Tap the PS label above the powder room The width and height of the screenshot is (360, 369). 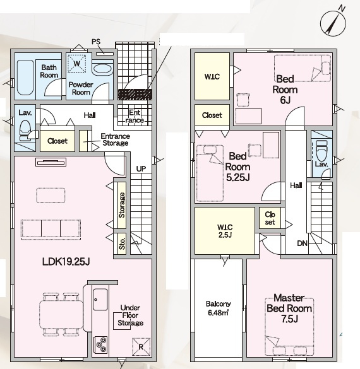pos(96,42)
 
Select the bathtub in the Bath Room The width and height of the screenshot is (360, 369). pos(25,78)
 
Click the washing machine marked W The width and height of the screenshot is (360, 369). pos(77,64)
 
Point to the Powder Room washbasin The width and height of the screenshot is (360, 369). pos(103,69)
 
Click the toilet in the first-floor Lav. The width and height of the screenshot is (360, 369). pos(25,130)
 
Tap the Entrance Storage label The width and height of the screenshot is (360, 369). pos(115,139)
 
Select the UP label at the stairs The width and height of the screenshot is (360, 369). pos(141,169)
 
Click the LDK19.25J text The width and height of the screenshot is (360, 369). pos(66,261)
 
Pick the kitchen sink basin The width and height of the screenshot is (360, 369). pos(100,300)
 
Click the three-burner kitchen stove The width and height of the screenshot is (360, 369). pos(100,345)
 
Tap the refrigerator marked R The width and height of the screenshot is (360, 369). pos(141,347)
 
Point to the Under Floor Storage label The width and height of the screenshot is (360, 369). pos(130,315)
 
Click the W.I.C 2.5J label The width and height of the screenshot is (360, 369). pos(225,231)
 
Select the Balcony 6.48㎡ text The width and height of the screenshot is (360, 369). pos(218,308)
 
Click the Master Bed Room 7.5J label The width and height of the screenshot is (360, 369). pos(289,308)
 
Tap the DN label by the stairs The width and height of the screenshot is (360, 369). pos(302,243)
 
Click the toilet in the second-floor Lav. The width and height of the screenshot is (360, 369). pos(322,151)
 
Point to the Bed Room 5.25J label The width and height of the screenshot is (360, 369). pos(237,167)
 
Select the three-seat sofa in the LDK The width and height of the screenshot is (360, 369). pos(51,230)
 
